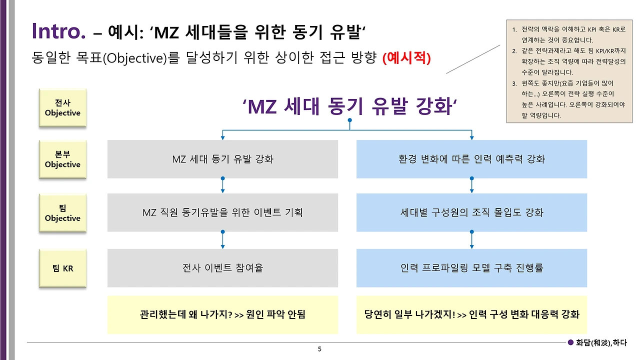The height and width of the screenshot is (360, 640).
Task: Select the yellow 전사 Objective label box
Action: pos(62,108)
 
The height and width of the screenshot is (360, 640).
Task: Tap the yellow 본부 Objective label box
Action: pos(62,159)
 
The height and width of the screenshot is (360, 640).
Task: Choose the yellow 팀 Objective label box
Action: pos(62,213)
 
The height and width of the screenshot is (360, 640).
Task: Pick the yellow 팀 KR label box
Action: pos(62,268)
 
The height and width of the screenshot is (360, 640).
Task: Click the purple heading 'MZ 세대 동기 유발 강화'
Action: pos(349,106)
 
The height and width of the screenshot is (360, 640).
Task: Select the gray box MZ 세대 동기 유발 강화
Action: pos(222,159)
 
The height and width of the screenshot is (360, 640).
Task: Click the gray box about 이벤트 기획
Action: pos(222,213)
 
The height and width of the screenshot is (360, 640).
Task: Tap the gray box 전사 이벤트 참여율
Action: pos(222,268)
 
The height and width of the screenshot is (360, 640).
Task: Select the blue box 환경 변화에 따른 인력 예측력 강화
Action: pos(471,159)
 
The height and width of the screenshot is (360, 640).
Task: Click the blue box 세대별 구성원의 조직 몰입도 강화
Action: pos(471,213)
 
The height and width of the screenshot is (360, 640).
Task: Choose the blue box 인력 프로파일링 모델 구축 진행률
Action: pos(471,268)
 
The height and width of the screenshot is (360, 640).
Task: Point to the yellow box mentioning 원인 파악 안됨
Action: pos(222,314)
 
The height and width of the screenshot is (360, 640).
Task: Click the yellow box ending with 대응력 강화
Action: pos(471,314)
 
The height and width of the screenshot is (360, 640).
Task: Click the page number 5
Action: pos(319,348)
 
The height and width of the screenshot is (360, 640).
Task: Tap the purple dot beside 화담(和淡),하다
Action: pos(571,342)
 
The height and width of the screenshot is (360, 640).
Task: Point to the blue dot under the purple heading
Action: pos(349,120)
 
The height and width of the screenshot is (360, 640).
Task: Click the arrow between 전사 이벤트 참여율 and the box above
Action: pos(222,240)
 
